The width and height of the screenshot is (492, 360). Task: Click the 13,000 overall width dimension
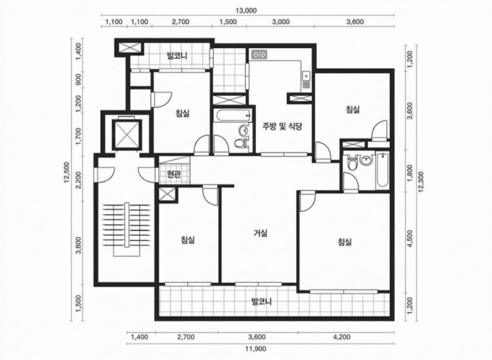click(246, 10)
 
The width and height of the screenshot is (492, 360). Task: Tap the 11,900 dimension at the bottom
click(256, 349)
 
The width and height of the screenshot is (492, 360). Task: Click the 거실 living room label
click(260, 233)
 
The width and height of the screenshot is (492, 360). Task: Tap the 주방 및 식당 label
click(282, 127)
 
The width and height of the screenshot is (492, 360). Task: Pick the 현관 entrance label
click(174, 174)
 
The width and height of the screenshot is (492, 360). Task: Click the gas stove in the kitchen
click(259, 55)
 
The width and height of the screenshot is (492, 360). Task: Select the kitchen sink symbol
click(305, 76)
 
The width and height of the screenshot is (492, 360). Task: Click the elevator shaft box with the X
click(127, 134)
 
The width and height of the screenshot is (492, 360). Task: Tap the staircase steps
click(127, 225)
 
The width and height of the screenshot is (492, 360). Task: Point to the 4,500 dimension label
click(410, 239)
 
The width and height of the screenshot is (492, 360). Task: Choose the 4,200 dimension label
click(342, 337)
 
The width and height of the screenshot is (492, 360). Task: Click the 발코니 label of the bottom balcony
click(261, 302)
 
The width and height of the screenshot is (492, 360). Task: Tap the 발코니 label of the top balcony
click(177, 56)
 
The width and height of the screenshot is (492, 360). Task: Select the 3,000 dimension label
click(280, 22)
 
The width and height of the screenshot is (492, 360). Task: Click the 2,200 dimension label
click(79, 182)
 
